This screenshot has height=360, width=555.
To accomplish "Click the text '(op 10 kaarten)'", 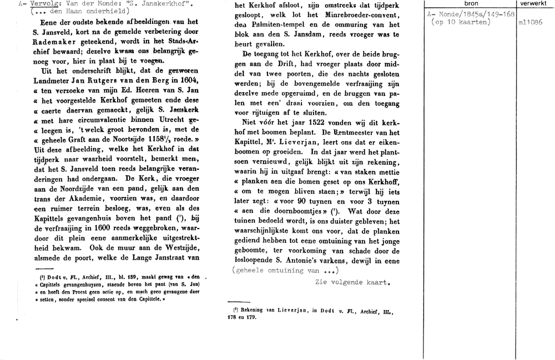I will point(460,23).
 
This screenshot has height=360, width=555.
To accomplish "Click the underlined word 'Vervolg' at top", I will point(44,4).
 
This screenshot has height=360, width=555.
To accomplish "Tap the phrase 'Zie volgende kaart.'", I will point(350,282).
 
